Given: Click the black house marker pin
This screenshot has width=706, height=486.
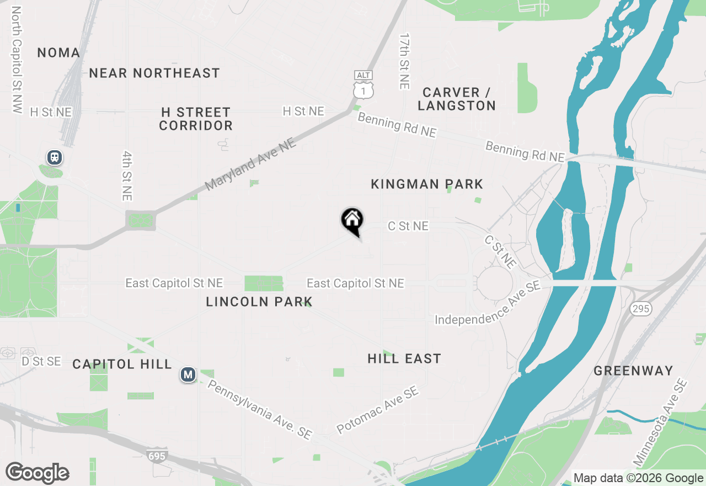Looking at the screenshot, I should coord(352,221).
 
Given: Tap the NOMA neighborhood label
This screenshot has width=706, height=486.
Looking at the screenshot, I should coord(58,53).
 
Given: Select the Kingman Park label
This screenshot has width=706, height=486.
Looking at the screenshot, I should coord(427,184).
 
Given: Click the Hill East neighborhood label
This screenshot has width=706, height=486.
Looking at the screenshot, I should coord(404,359).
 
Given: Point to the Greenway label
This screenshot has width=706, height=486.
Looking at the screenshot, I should coord(633,371).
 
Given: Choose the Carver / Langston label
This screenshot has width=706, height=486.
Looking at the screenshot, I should coord(457,99).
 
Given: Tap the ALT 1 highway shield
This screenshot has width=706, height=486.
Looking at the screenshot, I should coord(364,84).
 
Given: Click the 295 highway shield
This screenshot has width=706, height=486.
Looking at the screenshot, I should coord(641,309).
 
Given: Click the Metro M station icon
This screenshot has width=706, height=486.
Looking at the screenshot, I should coord(188,375).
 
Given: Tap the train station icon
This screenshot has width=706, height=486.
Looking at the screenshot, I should coord(54,157).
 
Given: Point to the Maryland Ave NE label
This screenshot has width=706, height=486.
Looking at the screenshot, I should coord(251,165).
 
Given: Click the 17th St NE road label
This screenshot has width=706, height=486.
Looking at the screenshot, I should coord(405,61).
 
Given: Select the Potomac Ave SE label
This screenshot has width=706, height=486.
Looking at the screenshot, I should coord(378,410).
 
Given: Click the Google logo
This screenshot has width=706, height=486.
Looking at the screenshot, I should coord(37,473).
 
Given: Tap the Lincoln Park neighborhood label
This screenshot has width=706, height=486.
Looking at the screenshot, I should coord(259,302).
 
